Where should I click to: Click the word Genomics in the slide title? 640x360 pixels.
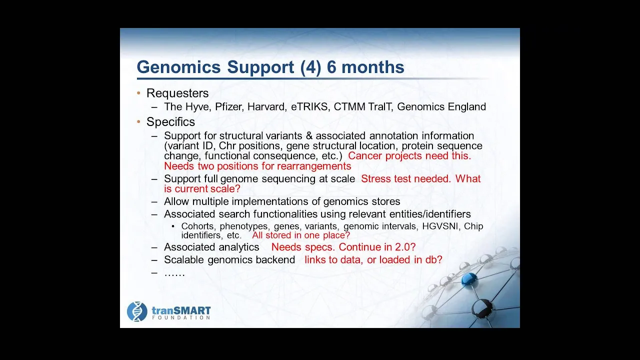[x=179, y=67]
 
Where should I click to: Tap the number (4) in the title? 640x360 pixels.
[x=310, y=67]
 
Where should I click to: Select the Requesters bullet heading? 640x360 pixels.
[x=177, y=93]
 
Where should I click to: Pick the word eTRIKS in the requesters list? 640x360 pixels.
[x=309, y=106]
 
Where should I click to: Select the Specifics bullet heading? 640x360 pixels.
[x=170, y=122]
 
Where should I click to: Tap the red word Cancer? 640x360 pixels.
[x=365, y=155]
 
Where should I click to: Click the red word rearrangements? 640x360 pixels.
[x=314, y=166]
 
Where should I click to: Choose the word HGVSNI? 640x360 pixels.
[x=440, y=226]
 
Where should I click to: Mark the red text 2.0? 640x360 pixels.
[x=405, y=247]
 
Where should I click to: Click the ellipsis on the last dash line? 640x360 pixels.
[x=174, y=275]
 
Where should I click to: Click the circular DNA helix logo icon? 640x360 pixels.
[x=137, y=311]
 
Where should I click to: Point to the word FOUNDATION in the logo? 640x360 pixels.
[x=181, y=317]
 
